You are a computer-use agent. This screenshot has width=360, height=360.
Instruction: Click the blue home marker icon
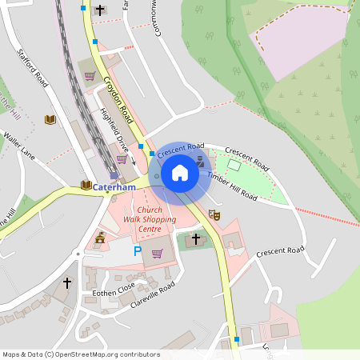click(x=180, y=173)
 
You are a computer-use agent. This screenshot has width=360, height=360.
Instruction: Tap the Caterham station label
click(x=114, y=187)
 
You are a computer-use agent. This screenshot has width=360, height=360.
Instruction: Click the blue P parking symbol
click(x=137, y=251)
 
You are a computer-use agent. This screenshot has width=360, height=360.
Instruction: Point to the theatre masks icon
click(x=214, y=214)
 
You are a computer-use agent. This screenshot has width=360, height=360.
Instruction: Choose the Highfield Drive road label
click(x=113, y=130)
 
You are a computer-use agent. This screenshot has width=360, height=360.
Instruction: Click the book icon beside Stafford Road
click(x=50, y=119)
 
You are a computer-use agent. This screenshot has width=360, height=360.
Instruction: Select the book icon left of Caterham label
click(x=86, y=186)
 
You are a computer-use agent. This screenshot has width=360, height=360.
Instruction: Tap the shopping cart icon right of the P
click(x=158, y=253)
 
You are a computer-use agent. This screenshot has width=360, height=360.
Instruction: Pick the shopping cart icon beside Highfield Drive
click(x=122, y=159)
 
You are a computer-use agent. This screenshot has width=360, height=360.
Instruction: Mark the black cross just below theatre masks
click(x=196, y=238)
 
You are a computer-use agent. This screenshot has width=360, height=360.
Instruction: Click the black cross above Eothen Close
click(x=67, y=282)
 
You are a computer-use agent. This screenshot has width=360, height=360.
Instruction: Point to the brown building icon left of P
click(x=100, y=238)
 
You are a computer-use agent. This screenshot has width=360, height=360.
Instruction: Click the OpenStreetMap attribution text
click(x=81, y=354)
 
